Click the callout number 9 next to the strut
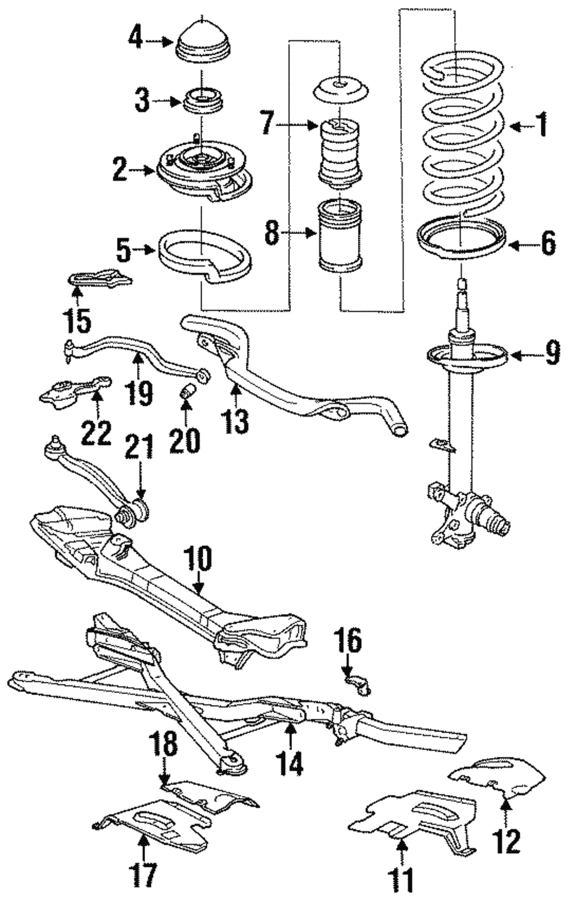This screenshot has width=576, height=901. tap(552, 353)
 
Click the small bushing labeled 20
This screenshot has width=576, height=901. tap(187, 393)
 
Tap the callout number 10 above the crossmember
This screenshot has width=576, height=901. tap(198, 560)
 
